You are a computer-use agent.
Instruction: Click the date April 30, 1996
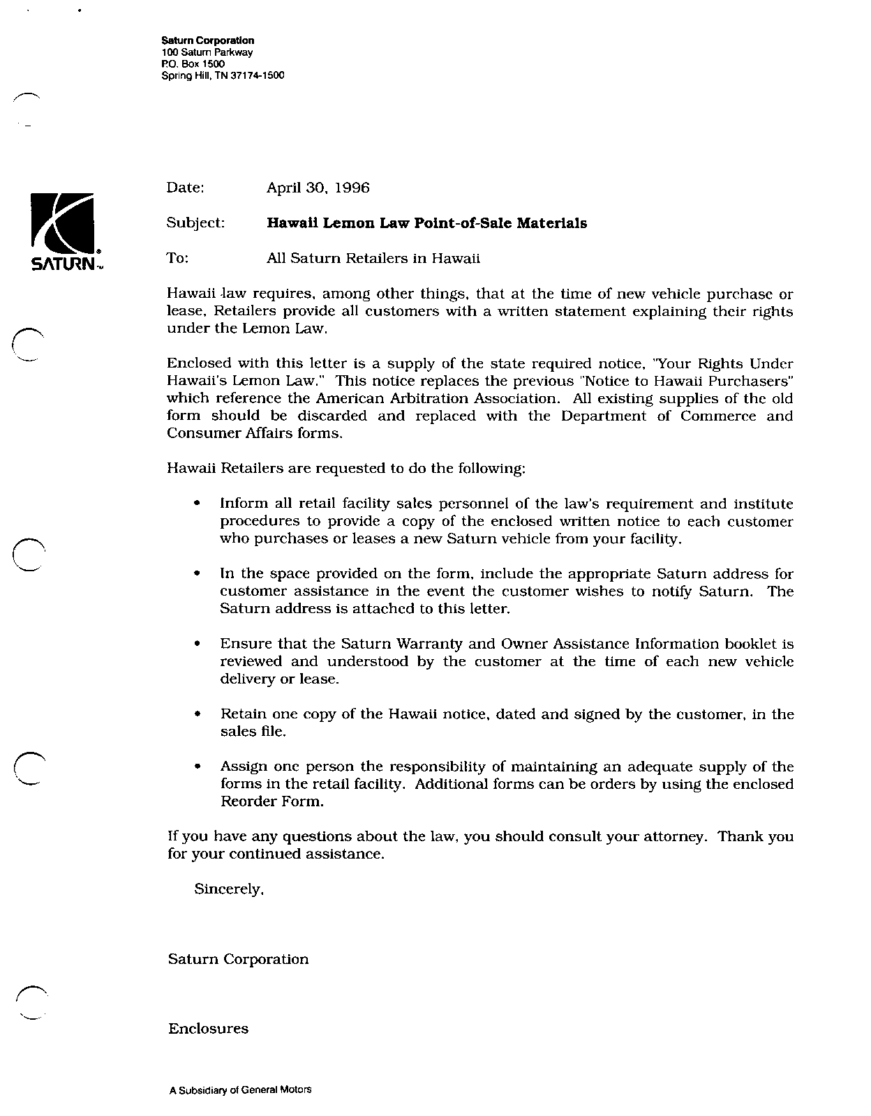click(x=318, y=188)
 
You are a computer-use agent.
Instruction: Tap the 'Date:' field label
click(x=185, y=188)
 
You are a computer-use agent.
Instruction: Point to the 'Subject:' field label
click(x=195, y=223)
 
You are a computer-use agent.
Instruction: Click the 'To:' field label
click(x=178, y=258)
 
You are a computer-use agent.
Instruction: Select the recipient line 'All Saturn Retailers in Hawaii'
click(x=373, y=258)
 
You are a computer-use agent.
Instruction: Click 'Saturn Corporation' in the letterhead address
click(x=207, y=41)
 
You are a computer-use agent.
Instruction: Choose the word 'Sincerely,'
click(x=229, y=889)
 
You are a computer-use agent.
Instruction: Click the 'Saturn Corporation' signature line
click(x=238, y=959)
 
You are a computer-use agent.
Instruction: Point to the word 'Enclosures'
click(x=208, y=1029)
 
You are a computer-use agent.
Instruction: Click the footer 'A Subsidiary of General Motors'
click(x=240, y=1089)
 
